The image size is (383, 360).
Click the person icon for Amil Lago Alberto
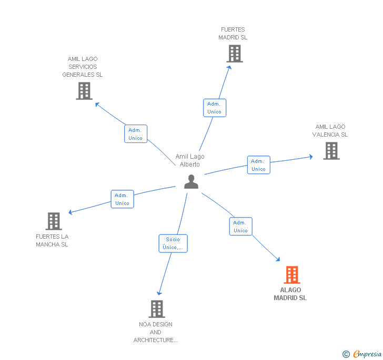[191, 181]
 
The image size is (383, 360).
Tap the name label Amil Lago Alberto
[190, 160]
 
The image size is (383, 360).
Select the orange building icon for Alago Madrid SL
[292, 274]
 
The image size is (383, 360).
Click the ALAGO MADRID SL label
[290, 294]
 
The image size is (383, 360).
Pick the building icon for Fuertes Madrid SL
[235, 53]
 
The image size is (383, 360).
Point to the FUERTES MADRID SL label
[233, 34]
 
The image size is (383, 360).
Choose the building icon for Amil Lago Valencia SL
[331, 151]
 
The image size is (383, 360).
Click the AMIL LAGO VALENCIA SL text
[330, 130]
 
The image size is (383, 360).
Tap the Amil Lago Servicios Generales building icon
[84, 90]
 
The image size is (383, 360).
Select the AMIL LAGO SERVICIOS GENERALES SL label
[83, 67]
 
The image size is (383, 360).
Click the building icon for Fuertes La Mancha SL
[54, 221]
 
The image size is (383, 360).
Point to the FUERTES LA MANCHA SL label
[52, 240]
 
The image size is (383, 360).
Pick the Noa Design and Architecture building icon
[156, 308]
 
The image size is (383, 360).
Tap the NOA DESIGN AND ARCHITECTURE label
[156, 332]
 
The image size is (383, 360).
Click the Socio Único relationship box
[173, 243]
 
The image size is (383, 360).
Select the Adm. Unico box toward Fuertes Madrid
[214, 108]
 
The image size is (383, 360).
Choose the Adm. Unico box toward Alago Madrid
[240, 227]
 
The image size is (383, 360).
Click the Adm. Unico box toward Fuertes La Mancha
[122, 199]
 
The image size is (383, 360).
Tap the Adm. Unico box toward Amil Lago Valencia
[258, 165]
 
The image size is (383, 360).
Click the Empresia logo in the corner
[362, 354]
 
